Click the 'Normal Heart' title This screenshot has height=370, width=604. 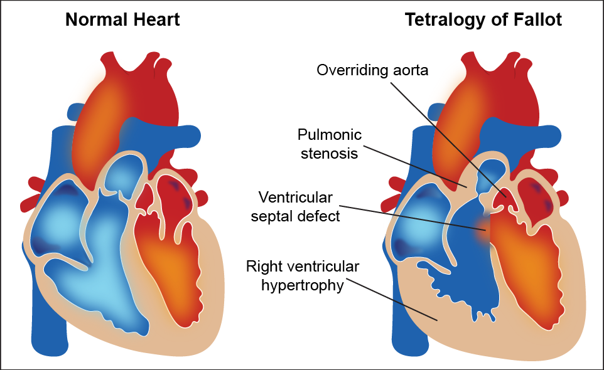pos(122,19)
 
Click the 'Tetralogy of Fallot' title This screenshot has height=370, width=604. pos(483,19)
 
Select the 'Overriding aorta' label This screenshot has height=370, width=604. pos(372,70)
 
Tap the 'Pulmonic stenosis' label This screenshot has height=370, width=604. pos(330,144)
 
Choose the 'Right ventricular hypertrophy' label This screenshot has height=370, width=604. pos(303,276)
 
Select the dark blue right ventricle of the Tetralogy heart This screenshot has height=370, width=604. pos(468,270)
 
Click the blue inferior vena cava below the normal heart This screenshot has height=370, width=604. pos(47,332)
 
